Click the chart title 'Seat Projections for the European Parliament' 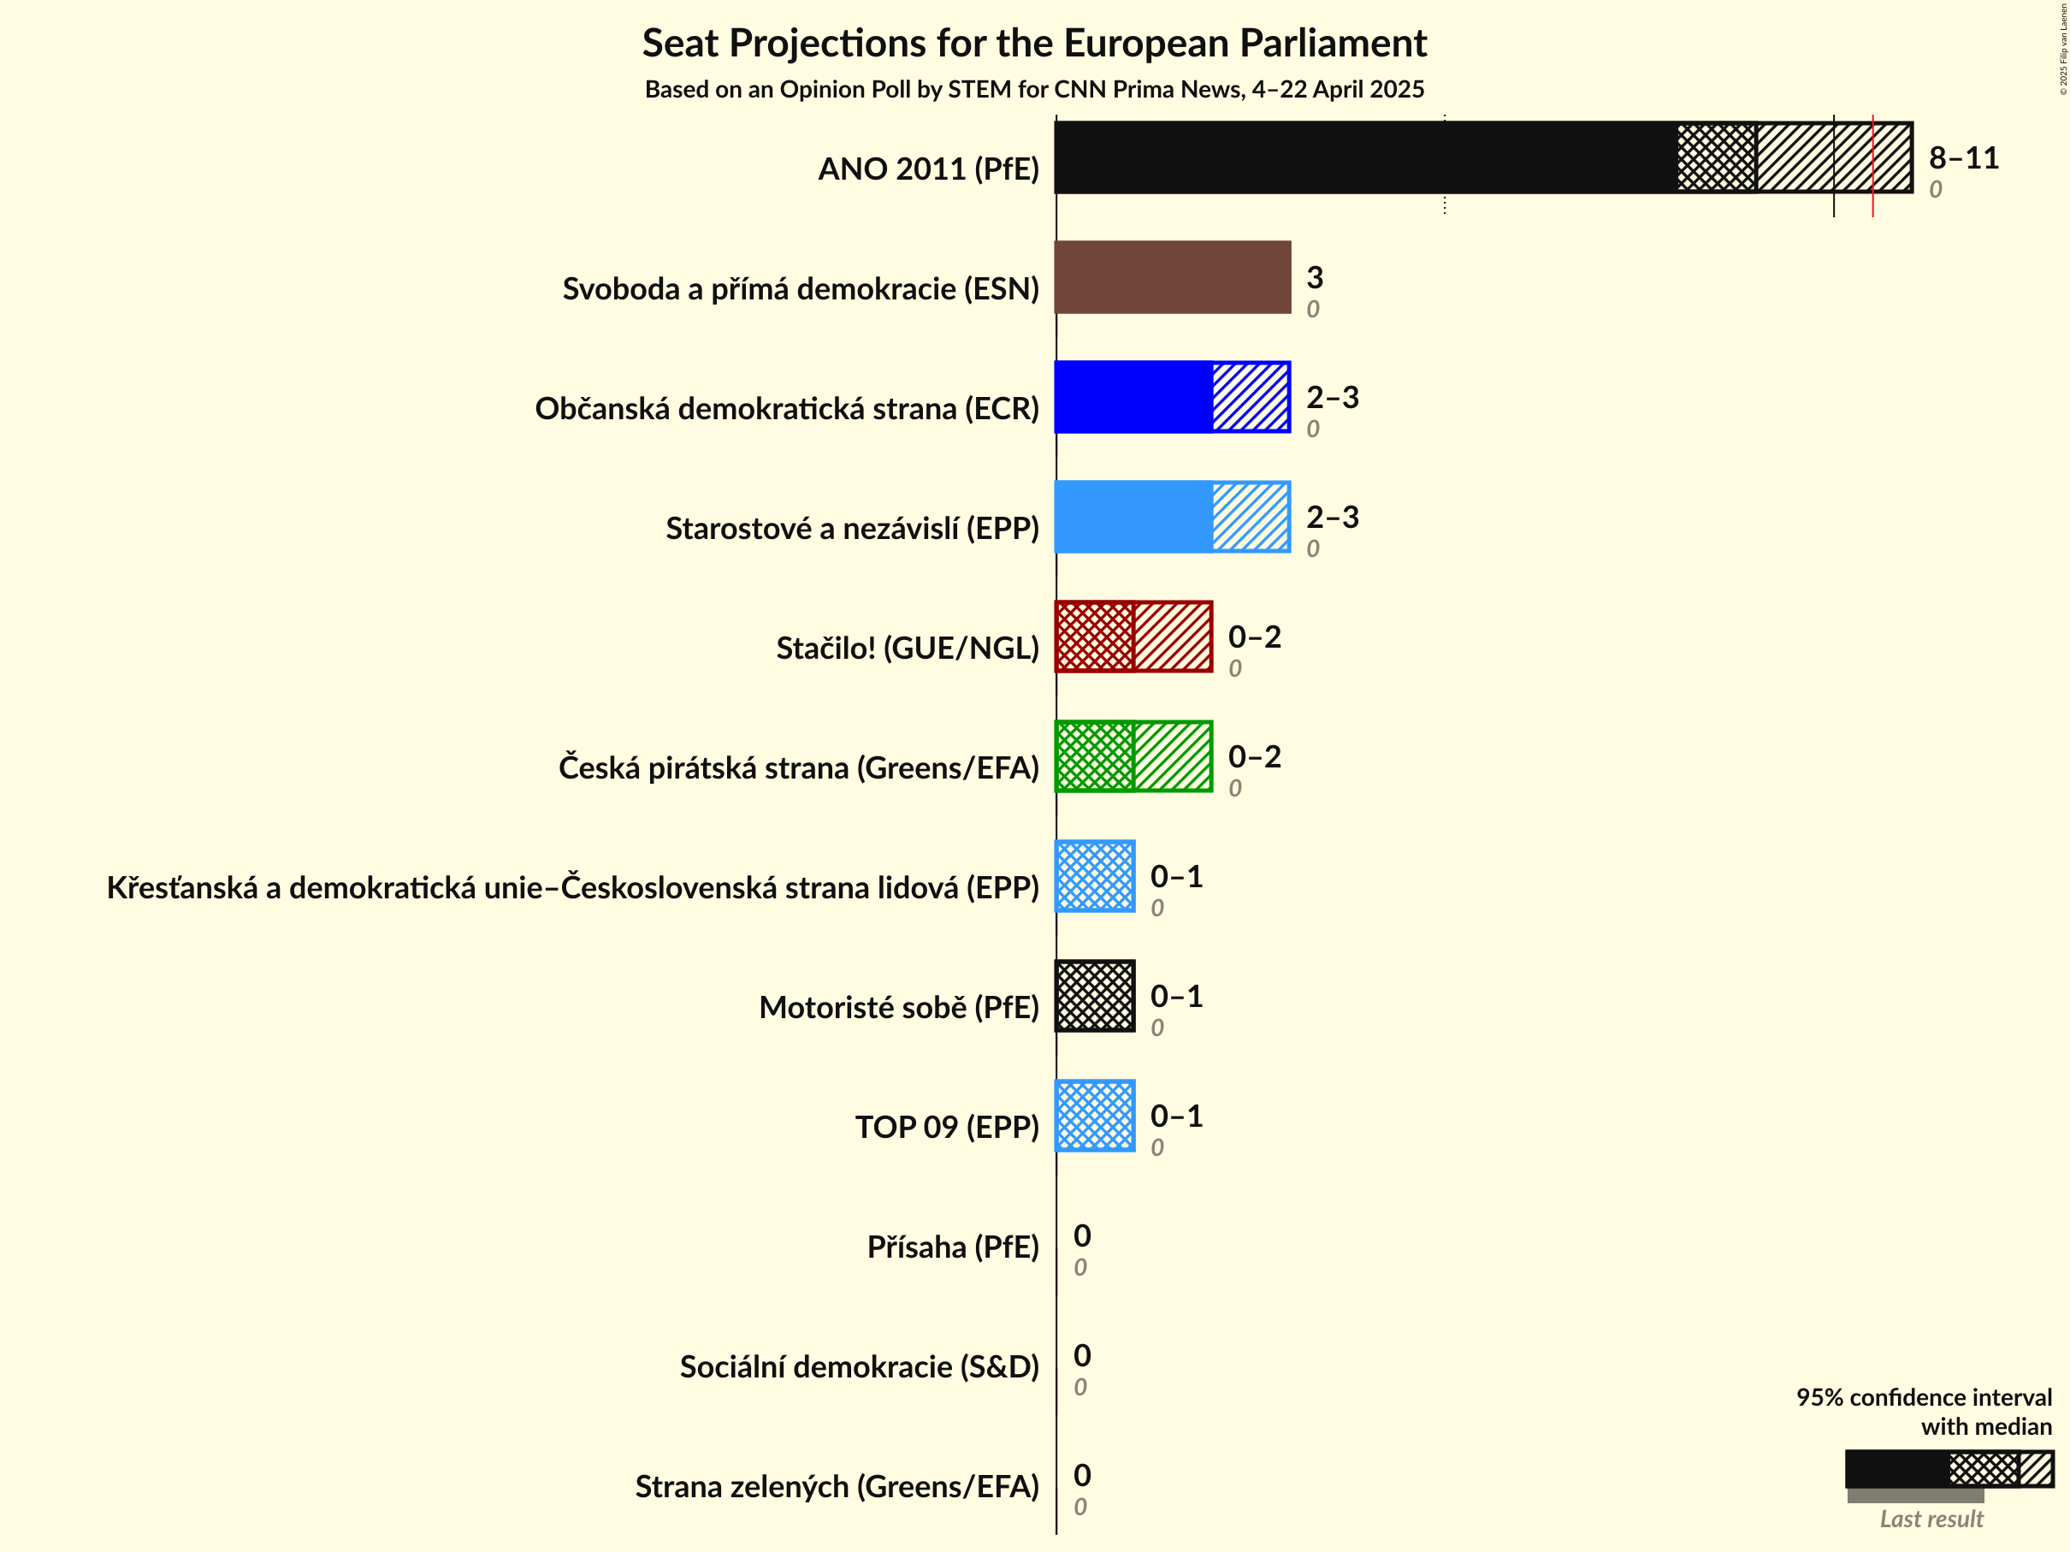coord(1033,44)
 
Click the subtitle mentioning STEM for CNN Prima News coord(1033,90)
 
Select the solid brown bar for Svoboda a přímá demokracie coord(1172,277)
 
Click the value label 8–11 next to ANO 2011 coord(1963,157)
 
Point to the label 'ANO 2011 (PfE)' coord(927,169)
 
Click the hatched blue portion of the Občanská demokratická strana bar coord(1251,397)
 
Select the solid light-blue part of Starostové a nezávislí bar coord(1133,517)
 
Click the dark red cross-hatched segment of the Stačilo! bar coord(1094,637)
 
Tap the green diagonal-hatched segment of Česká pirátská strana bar coord(1173,756)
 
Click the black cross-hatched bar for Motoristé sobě coord(1095,996)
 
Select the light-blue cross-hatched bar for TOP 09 coord(1095,1116)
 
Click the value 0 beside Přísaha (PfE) coord(1082,1235)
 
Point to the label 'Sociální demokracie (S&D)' coord(858,1366)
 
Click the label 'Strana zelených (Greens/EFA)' coord(837,1486)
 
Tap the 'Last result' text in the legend coord(1931,1519)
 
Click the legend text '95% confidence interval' coord(1923,1396)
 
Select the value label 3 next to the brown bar coord(1314,277)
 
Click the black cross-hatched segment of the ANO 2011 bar coord(1715,157)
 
